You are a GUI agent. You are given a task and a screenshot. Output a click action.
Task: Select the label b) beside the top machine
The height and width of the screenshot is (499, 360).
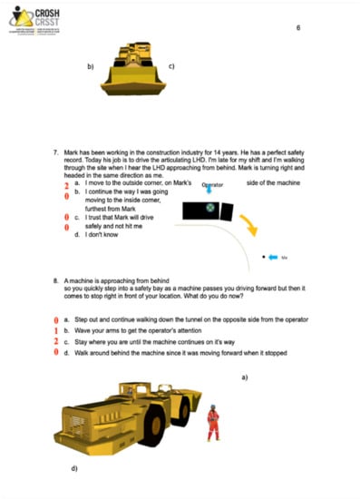(x=91, y=66)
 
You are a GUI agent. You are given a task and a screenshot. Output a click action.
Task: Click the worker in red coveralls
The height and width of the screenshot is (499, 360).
(x=213, y=423)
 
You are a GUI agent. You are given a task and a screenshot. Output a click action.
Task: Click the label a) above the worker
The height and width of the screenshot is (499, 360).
(x=244, y=376)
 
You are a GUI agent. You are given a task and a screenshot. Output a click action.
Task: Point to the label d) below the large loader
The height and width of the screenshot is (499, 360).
(x=74, y=469)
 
